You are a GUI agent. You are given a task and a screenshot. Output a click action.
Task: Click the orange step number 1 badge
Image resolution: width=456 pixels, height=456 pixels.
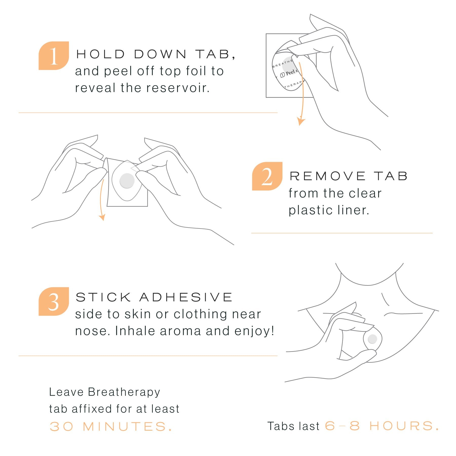point(53,56)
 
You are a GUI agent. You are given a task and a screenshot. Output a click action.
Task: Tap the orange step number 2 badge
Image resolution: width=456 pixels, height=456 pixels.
point(267,176)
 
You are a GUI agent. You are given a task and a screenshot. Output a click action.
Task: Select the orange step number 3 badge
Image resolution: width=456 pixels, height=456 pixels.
point(53,301)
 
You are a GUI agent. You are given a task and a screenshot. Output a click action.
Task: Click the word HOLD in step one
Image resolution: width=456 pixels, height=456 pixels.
point(101,54)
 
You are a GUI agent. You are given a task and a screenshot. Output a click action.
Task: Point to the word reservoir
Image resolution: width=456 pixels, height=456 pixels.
point(178,88)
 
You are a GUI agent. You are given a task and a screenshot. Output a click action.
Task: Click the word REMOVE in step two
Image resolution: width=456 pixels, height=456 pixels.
point(328,176)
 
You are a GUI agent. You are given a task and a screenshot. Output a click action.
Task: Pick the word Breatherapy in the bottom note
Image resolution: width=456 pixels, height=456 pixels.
point(124,392)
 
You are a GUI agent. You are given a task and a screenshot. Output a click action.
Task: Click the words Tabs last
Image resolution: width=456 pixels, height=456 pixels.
point(293,426)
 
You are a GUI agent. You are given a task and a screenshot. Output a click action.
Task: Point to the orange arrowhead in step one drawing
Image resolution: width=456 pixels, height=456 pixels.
point(301,121)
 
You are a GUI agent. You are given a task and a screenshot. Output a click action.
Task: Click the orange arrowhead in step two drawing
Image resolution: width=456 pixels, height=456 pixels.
point(102,217)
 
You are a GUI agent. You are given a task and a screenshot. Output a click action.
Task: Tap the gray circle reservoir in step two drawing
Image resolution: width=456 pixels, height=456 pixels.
point(127,181)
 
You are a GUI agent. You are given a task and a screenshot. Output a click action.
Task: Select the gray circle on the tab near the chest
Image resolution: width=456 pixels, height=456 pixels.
point(372,339)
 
